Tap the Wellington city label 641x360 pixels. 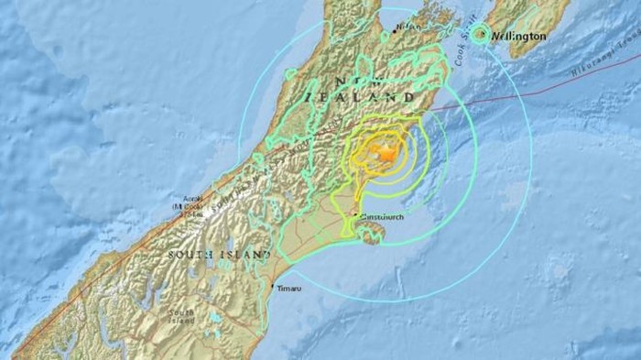pyautogui.click(x=520, y=36)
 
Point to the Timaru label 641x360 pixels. pyautogui.click(x=288, y=289)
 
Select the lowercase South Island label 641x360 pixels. pyautogui.click(x=181, y=317)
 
